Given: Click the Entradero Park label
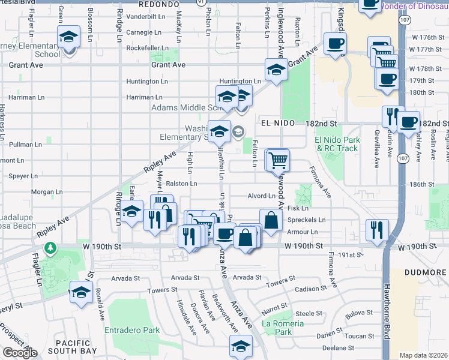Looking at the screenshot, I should [x=132, y=330].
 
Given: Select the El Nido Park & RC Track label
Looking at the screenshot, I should [x=337, y=144].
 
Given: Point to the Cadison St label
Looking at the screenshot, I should [x=311, y=289].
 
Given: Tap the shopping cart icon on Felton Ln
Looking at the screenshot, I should [x=277, y=160].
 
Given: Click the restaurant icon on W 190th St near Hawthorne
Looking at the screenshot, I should [x=377, y=230].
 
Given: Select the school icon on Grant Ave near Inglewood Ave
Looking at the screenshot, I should [x=276, y=70].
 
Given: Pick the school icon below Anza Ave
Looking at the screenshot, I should [x=241, y=346].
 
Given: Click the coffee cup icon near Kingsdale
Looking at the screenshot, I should [x=334, y=43].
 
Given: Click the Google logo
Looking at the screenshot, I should [x=20, y=352].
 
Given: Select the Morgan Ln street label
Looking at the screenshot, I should [x=43, y=192].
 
